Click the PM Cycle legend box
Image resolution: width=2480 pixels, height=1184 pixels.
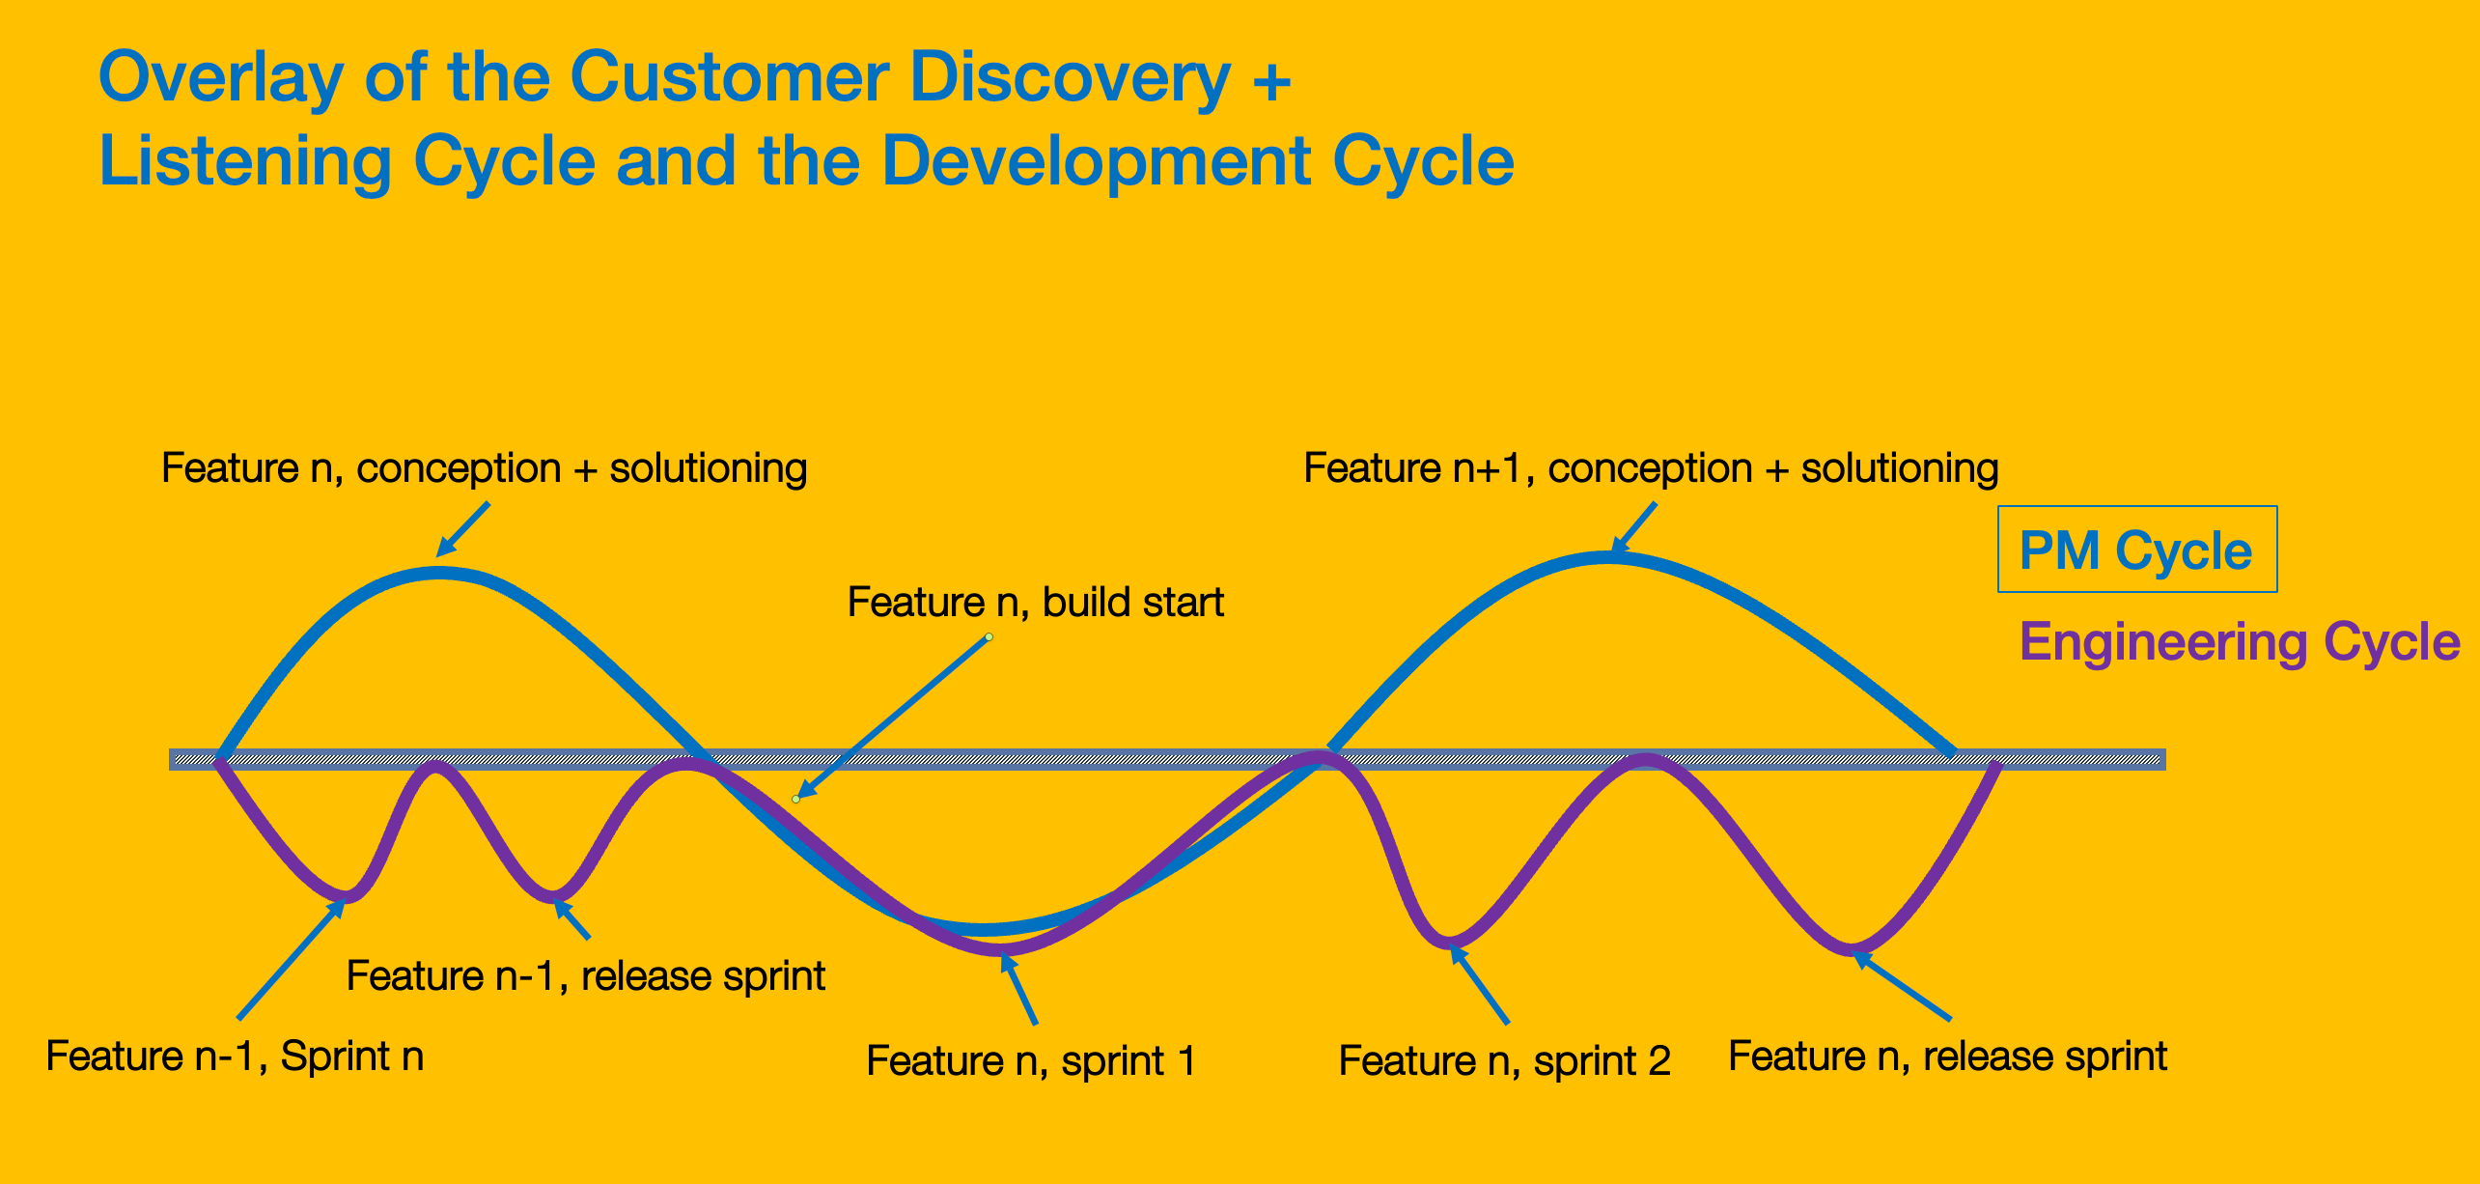tap(2136, 549)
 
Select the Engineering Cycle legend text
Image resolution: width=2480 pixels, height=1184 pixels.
tap(2240, 642)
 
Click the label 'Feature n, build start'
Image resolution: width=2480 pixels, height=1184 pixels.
tap(1035, 602)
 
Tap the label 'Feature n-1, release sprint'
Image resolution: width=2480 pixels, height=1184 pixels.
tap(585, 975)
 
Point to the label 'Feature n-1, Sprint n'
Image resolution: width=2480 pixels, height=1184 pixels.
tap(235, 1056)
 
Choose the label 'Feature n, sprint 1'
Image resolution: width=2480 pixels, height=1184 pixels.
tap(1031, 1060)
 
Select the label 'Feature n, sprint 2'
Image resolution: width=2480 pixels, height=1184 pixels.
tap(1504, 1060)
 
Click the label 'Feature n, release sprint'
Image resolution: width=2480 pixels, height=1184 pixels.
tap(1947, 1056)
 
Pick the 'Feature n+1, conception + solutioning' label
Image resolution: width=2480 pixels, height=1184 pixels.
tap(1651, 468)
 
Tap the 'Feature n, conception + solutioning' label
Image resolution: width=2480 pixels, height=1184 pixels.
tap(484, 468)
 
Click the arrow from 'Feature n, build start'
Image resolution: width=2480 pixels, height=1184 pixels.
tap(892, 719)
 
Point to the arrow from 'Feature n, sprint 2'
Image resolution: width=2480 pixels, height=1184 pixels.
tap(1479, 984)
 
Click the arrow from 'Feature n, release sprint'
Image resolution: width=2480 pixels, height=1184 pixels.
tap(1901, 985)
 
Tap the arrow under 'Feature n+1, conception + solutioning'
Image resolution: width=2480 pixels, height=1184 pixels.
tap(1632, 529)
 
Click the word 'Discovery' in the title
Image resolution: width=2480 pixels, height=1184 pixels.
tap(1071, 76)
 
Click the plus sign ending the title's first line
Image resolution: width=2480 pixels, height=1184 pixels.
tap(1271, 79)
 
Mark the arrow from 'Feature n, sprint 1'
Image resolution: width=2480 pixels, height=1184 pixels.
tap(1018, 988)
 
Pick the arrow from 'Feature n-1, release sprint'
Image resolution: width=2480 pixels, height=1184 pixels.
tap(571, 919)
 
